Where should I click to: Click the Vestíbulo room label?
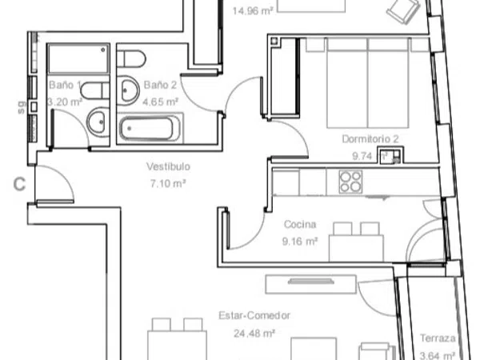pyautogui.click(x=168, y=166)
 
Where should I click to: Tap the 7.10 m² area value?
pyautogui.click(x=168, y=183)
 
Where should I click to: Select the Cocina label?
pyautogui.click(x=300, y=224)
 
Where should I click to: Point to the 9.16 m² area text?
pyautogui.click(x=300, y=242)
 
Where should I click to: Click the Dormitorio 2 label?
pyautogui.click(x=370, y=139)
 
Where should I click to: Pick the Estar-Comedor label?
pyautogui.click(x=254, y=315)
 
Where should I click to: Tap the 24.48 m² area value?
pyautogui.click(x=254, y=333)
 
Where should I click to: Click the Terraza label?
pyautogui.click(x=438, y=338)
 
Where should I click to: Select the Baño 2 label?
pyautogui.click(x=160, y=85)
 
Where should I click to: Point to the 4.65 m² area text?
pyautogui.click(x=160, y=102)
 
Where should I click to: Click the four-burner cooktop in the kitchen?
pyautogui.click(x=350, y=182)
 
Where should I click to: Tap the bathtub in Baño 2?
pyautogui.click(x=150, y=129)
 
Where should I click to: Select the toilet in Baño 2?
pyautogui.click(x=131, y=58)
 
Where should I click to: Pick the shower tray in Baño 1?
pyautogui.click(x=78, y=58)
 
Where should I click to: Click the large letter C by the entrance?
pyautogui.click(x=19, y=184)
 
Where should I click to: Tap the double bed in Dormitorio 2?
pyautogui.click(x=368, y=82)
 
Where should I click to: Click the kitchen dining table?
pyautogui.click(x=356, y=248)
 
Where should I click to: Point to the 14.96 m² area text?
pyautogui.click(x=253, y=11)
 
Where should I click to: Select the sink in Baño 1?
pyautogui.click(x=98, y=122)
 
